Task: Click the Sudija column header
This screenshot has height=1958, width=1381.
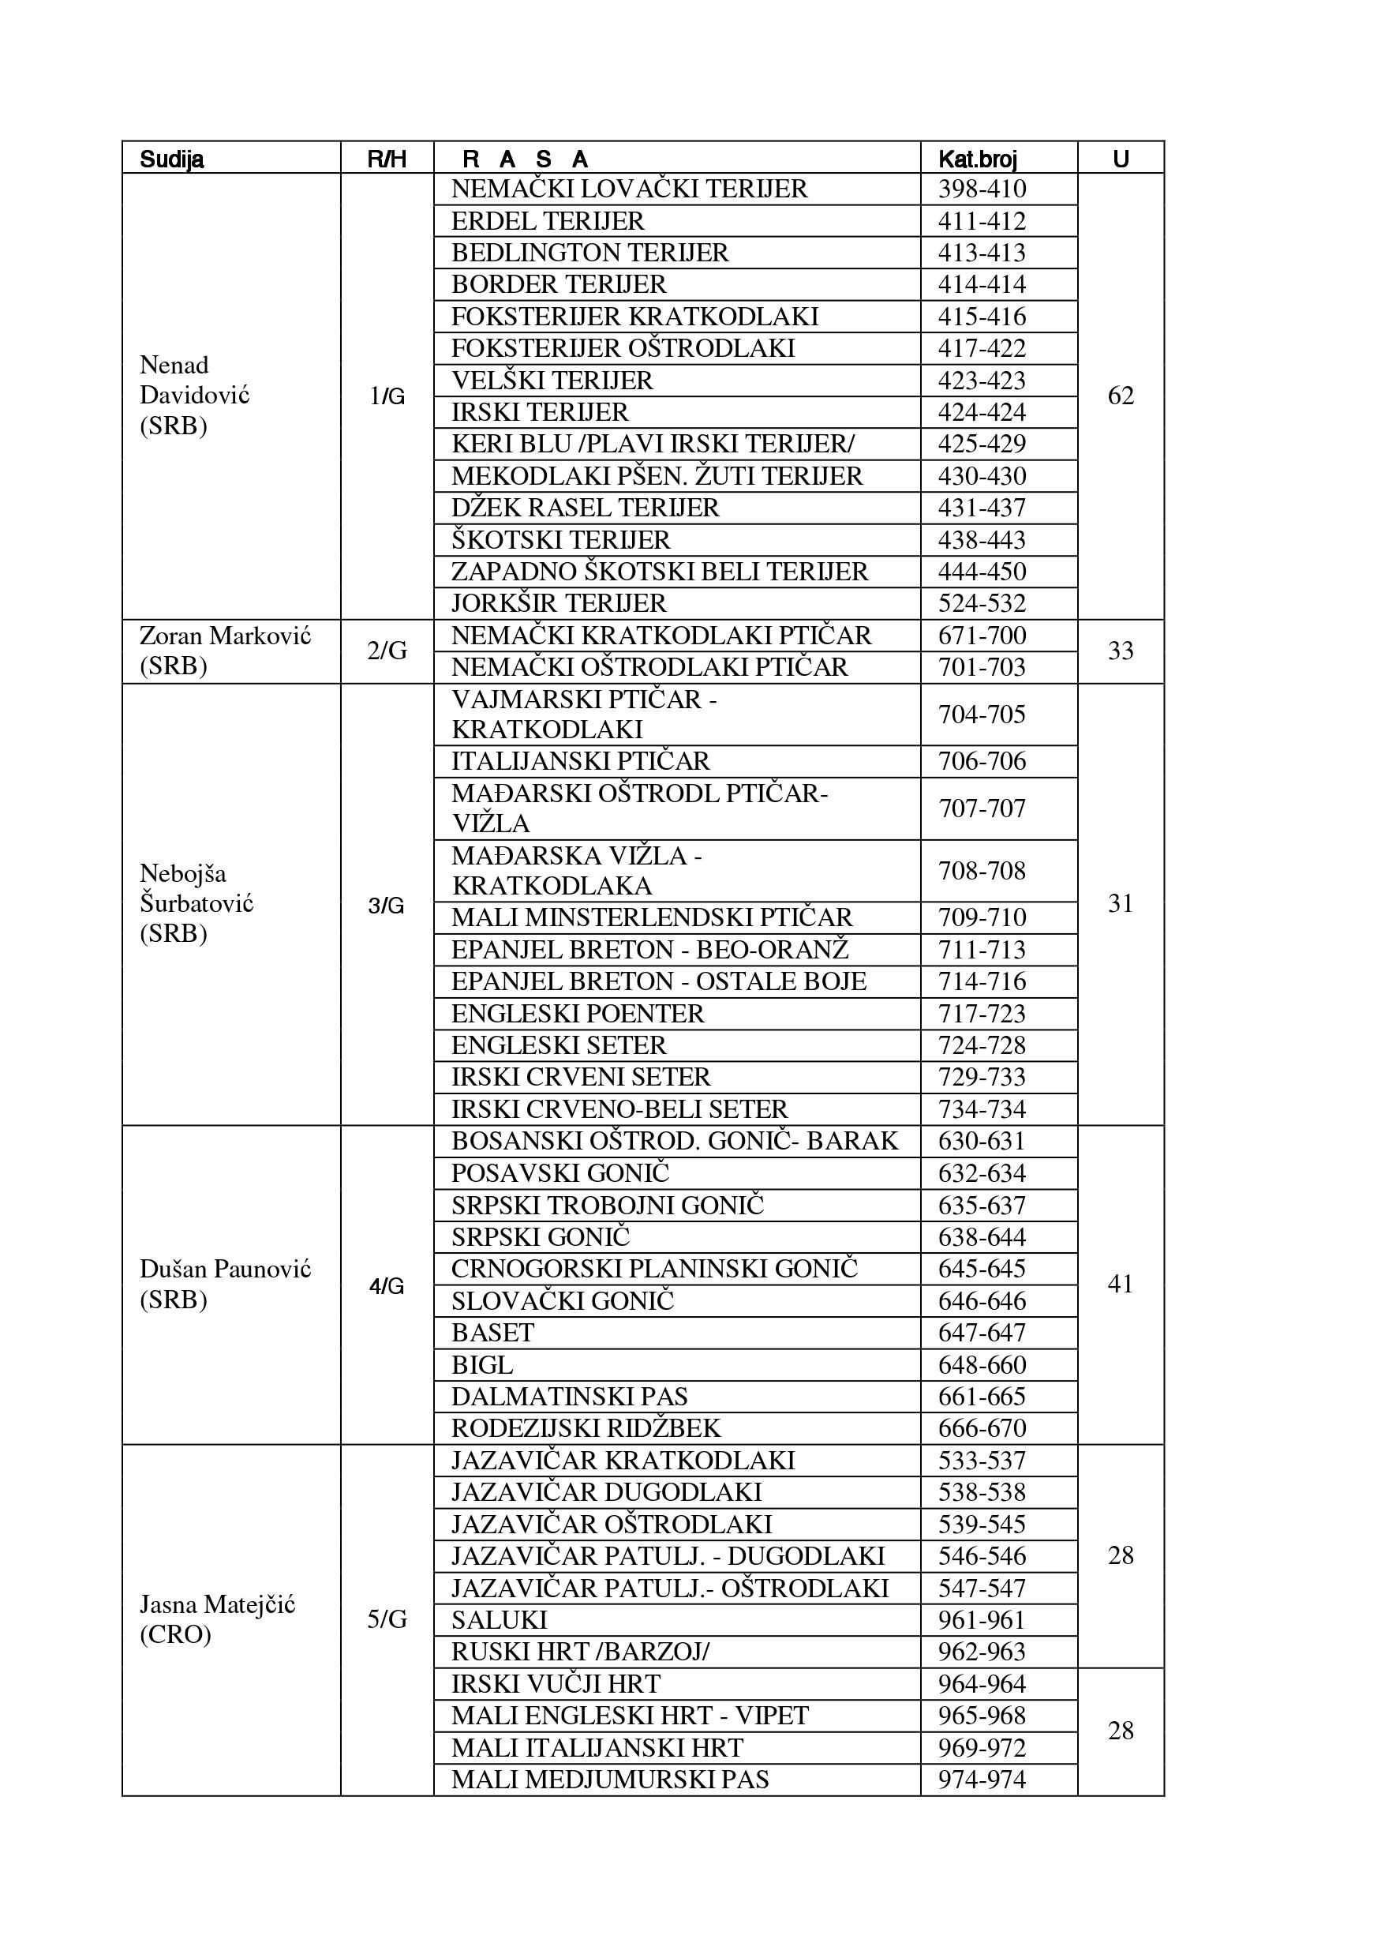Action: click(171, 159)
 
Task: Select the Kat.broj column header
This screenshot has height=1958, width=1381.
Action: click(977, 159)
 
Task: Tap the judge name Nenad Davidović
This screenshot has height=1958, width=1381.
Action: click(194, 395)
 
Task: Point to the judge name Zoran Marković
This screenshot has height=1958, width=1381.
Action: click(225, 651)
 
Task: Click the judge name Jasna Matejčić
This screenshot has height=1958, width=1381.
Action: click(216, 1619)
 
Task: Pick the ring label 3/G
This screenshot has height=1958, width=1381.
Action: click(386, 905)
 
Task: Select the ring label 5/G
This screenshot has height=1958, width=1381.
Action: click(387, 1619)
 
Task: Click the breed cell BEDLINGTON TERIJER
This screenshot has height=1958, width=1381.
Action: click(590, 253)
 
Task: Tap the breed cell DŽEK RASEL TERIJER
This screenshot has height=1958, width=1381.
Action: click(585, 508)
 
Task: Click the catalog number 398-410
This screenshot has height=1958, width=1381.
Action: click(982, 189)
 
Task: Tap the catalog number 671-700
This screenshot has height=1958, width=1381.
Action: click(982, 636)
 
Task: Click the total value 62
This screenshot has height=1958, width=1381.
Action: click(1120, 396)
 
